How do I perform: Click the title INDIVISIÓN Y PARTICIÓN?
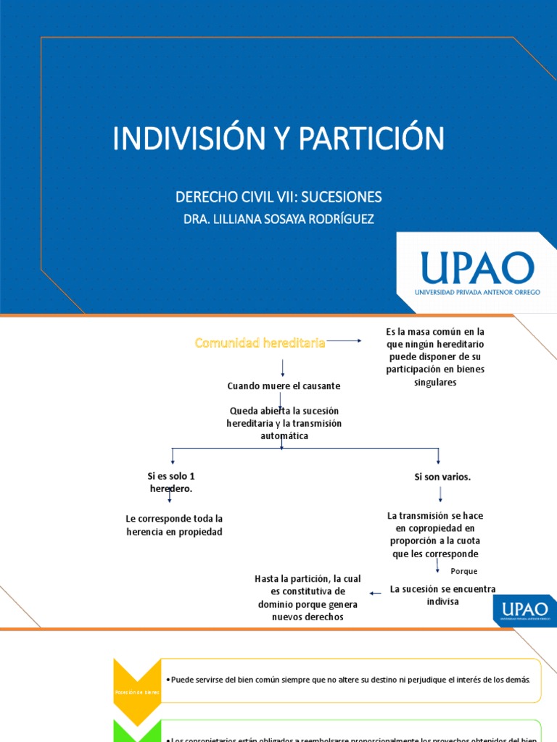[278, 138]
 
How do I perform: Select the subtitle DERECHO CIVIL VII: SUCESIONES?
[278, 197]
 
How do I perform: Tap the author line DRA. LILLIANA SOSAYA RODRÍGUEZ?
[278, 219]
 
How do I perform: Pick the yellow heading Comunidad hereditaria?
[260, 343]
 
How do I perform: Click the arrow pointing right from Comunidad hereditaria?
[344, 341]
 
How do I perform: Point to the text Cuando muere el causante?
[284, 386]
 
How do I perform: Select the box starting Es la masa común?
[435, 357]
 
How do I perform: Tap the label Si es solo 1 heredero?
[171, 483]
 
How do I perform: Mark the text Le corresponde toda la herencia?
[174, 525]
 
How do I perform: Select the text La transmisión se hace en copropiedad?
[435, 535]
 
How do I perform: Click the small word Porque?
[464, 571]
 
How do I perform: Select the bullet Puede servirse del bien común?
[351, 680]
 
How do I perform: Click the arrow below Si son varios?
[440, 495]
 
